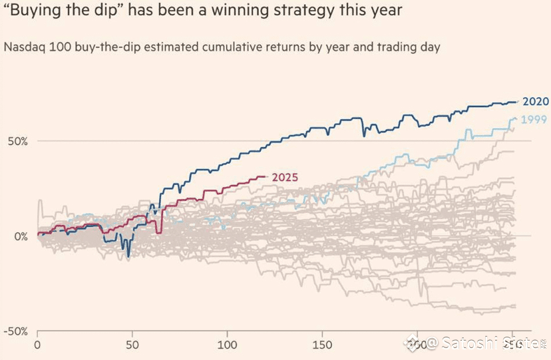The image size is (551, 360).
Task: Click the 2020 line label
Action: pos(535,102)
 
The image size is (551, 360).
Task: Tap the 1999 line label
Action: pos(534,120)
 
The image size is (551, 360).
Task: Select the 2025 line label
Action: pos(284,178)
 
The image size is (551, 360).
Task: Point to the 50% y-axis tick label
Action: pos(14,141)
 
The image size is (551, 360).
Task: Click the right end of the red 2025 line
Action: pos(266,176)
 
